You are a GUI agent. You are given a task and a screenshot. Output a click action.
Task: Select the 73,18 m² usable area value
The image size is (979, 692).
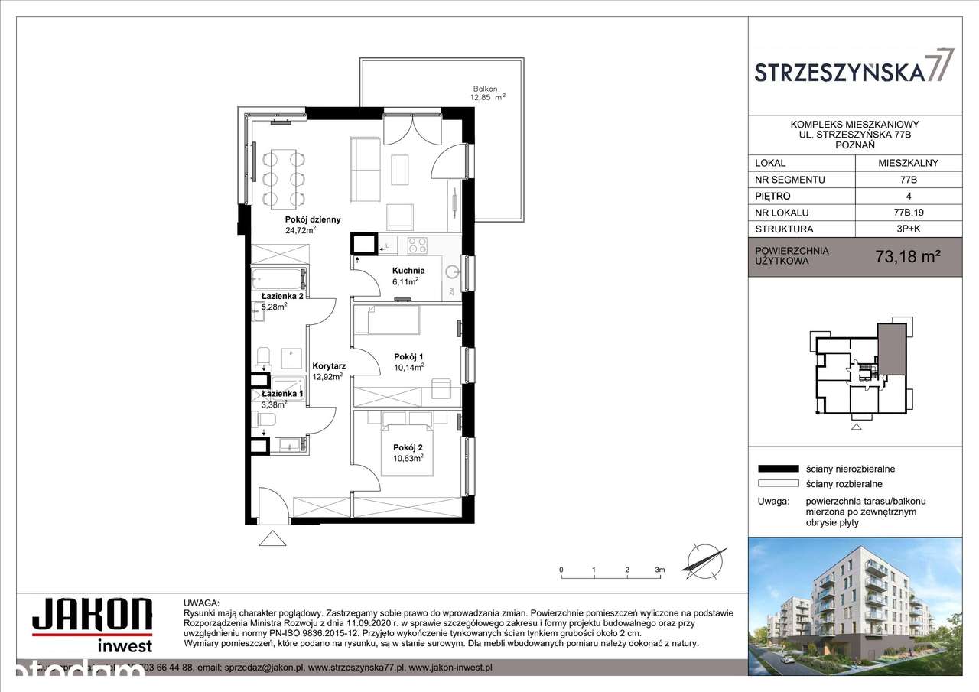click(907, 257)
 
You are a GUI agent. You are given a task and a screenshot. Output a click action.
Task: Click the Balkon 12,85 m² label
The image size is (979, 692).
click(489, 93)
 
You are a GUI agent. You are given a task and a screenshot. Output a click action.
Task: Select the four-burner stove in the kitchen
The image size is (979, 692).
click(417, 245)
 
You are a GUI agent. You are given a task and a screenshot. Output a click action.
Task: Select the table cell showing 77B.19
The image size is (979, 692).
click(908, 213)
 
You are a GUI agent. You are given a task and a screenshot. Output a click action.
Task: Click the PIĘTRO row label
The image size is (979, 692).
click(773, 196)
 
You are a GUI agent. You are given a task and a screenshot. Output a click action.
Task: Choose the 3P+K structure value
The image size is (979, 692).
click(908, 229)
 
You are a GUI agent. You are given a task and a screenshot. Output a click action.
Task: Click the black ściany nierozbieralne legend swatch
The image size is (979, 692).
click(776, 469)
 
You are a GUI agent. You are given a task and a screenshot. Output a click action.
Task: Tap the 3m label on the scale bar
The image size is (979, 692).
click(659, 570)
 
